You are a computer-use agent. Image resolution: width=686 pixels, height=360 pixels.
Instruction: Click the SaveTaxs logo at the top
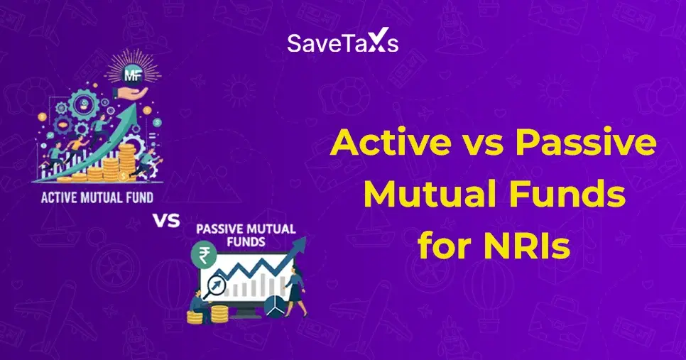[x=342, y=43]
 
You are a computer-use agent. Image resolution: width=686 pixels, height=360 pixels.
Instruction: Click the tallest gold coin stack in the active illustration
[x=128, y=160]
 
